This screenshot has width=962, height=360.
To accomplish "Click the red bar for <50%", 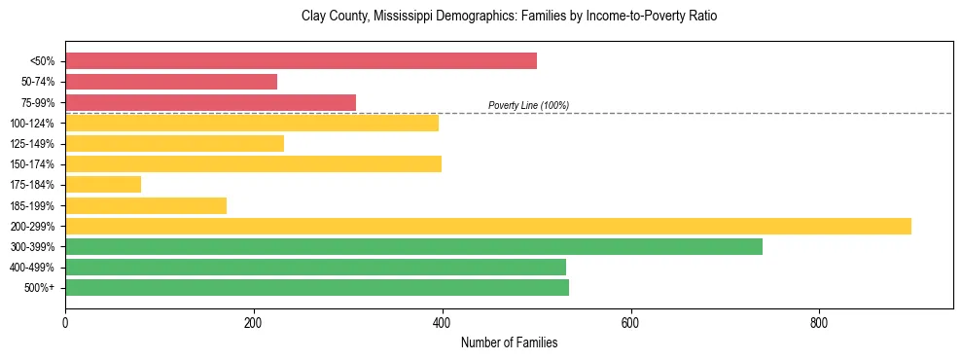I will tap(301, 61).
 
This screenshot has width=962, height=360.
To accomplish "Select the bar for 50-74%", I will tap(171, 82).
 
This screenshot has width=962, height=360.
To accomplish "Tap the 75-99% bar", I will tap(210, 102).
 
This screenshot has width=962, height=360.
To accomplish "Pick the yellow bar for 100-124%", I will tap(252, 123).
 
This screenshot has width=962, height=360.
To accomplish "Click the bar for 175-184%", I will tap(103, 185).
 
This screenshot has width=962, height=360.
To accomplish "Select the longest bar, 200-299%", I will tap(488, 226).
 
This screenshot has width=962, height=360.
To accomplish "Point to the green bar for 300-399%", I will tap(413, 246).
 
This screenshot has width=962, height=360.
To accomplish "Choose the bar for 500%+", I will tap(317, 287).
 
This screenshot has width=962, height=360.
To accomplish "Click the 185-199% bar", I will tap(146, 205).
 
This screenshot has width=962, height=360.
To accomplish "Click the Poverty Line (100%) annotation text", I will tap(528, 105).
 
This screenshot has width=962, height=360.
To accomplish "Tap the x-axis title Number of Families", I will tap(509, 342).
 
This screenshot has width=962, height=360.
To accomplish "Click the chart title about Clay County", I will tap(509, 17).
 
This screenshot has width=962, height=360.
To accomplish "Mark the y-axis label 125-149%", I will tap(32, 144).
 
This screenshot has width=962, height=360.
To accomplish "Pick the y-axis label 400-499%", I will tap(32, 268).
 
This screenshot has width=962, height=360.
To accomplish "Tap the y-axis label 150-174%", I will tap(32, 164).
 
